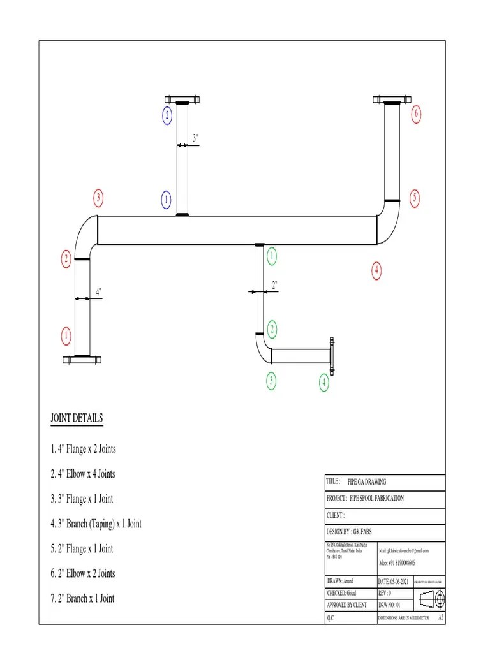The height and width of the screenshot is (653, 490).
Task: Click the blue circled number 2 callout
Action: click(x=167, y=115)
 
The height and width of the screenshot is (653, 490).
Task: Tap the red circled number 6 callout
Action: click(x=416, y=115)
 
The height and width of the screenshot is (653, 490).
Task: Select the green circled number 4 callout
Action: click(x=324, y=383)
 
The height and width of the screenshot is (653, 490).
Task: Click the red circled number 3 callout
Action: click(x=98, y=198)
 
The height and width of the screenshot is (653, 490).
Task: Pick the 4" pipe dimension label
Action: click(x=98, y=291)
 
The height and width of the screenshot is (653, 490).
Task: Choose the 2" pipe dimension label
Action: click(x=274, y=285)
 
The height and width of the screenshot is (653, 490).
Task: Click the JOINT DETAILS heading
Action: click(x=77, y=418)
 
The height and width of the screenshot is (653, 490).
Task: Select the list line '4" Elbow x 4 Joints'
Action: click(x=83, y=474)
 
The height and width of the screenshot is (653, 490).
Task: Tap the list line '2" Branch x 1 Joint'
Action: click(x=82, y=598)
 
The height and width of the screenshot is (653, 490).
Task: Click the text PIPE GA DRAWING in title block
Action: click(x=367, y=482)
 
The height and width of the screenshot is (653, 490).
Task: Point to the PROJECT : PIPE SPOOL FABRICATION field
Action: click(x=365, y=498)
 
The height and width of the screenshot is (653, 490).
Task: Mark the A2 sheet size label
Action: click(x=440, y=618)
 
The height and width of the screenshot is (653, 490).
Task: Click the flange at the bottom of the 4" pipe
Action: click(x=82, y=360)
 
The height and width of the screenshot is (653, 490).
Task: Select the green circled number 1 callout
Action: click(x=272, y=256)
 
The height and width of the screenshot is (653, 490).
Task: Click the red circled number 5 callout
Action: click(x=415, y=198)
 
